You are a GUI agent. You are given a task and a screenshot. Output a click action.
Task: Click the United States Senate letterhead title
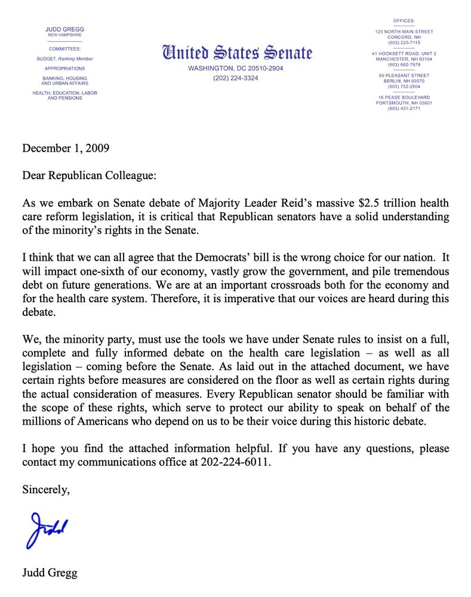click(x=237, y=53)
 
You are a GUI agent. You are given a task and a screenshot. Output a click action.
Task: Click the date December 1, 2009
click(x=66, y=148)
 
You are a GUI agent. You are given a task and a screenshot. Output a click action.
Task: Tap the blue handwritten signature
click(x=47, y=528)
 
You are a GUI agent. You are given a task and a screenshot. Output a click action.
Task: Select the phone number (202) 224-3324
click(x=236, y=78)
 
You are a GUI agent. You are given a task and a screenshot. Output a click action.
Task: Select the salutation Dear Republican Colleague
click(x=90, y=176)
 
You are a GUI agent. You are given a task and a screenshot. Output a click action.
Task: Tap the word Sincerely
click(x=46, y=490)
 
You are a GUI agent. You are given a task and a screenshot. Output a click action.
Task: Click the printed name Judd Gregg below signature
click(x=50, y=574)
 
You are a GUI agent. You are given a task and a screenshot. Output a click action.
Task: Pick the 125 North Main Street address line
click(x=404, y=31)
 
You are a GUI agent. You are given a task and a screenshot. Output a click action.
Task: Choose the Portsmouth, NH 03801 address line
click(x=404, y=103)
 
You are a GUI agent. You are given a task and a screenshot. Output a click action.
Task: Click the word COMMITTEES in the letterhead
click(x=64, y=48)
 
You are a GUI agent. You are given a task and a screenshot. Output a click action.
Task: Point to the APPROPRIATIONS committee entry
click(x=64, y=69)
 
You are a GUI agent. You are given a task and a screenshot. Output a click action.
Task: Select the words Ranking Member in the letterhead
click(x=76, y=59)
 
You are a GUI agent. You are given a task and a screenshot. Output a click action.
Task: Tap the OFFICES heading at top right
click(x=404, y=21)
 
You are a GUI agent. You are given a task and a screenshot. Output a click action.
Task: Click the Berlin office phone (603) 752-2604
click(x=404, y=86)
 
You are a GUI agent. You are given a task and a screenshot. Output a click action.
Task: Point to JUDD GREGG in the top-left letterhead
click(x=64, y=29)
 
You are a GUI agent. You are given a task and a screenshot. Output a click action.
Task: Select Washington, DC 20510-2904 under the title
click(x=236, y=69)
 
